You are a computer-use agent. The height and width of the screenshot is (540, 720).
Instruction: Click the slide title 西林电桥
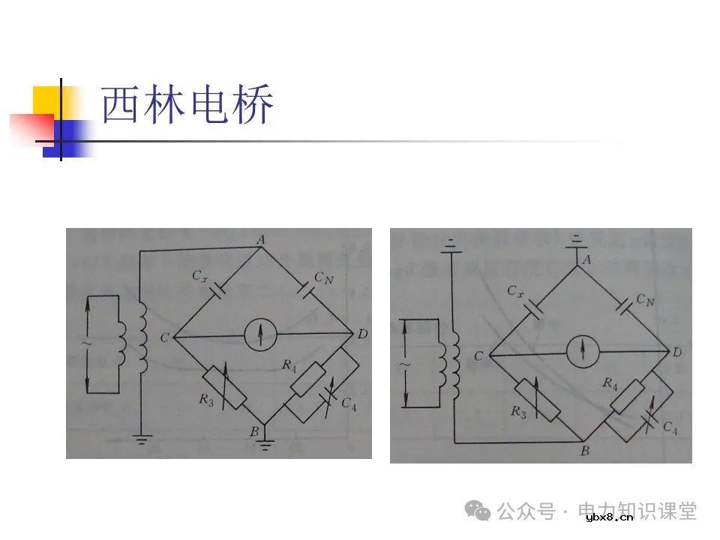pyautogui.click(x=188, y=106)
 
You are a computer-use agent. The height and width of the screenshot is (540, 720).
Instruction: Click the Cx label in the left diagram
pyautogui.click(x=199, y=277)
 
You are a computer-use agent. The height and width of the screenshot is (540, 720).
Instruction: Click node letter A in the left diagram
pyautogui.click(x=261, y=238)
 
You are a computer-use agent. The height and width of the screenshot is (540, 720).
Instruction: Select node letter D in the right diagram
pyautogui.click(x=678, y=352)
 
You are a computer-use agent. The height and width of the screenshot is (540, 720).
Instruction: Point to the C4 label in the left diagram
pyautogui.click(x=348, y=403)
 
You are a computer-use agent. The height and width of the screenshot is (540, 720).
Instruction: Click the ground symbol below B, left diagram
pyautogui.click(x=264, y=446)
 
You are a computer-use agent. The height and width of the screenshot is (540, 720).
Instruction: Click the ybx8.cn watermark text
pyautogui.click(x=609, y=517)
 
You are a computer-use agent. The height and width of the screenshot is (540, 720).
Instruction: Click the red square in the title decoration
pyautogui.click(x=29, y=127)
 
